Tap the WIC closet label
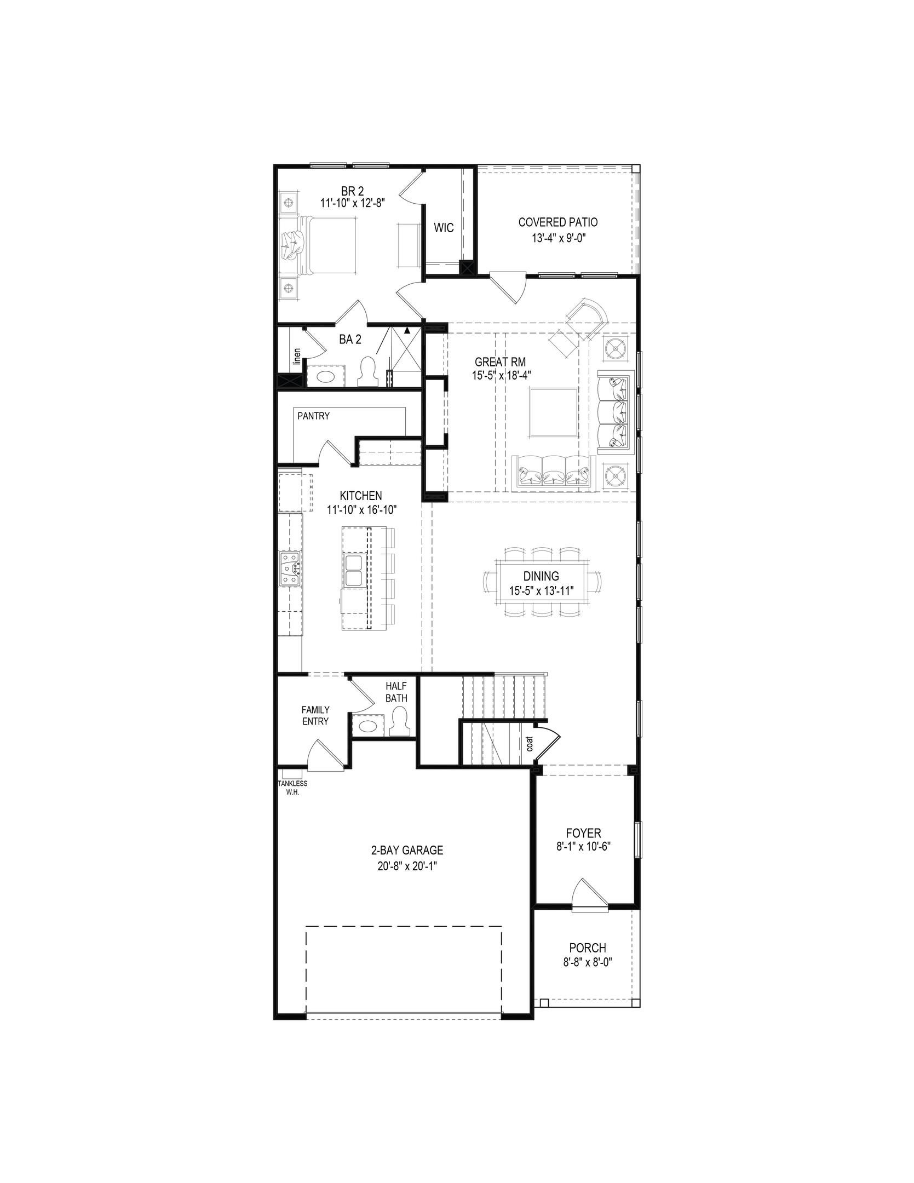click(x=444, y=228)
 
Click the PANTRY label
click(x=313, y=416)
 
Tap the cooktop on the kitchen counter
click(x=290, y=568)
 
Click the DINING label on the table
click(x=541, y=576)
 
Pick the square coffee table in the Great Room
click(x=553, y=412)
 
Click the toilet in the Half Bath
click(x=399, y=722)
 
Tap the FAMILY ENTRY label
click(x=315, y=715)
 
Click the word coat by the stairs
click(x=529, y=743)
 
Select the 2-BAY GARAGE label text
click(x=407, y=851)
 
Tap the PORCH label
click(x=587, y=947)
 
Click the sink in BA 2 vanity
click(x=325, y=377)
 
